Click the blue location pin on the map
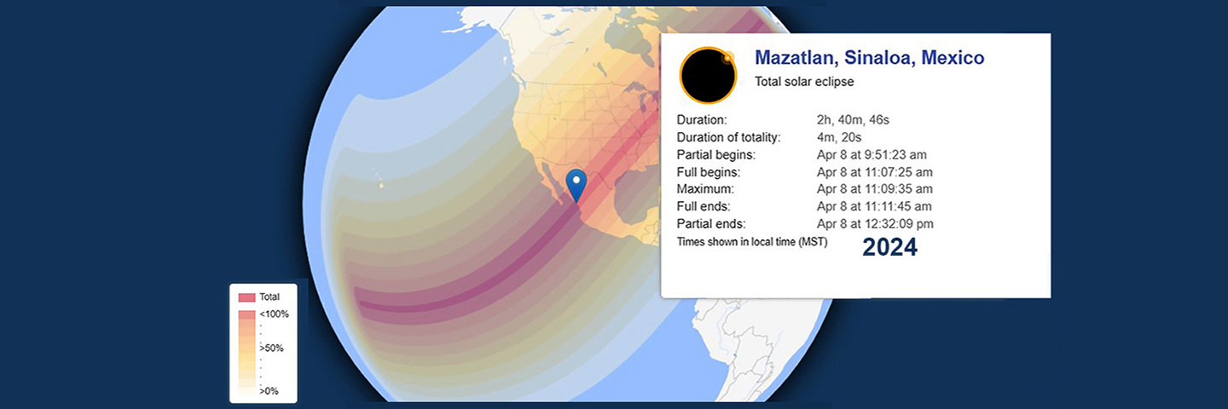coord(576,185)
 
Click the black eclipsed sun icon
coord(708,76)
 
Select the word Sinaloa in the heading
coord(879,57)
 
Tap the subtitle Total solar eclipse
coord(804,82)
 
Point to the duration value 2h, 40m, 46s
coord(853,120)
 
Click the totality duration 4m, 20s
coord(839,137)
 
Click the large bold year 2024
coord(889,247)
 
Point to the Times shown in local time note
coord(752,242)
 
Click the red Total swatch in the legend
coord(246,297)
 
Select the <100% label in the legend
coord(274,314)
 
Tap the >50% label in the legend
coord(271,349)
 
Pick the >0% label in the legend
coord(269,391)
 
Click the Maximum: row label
coord(705,189)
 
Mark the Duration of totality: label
coord(728,137)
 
